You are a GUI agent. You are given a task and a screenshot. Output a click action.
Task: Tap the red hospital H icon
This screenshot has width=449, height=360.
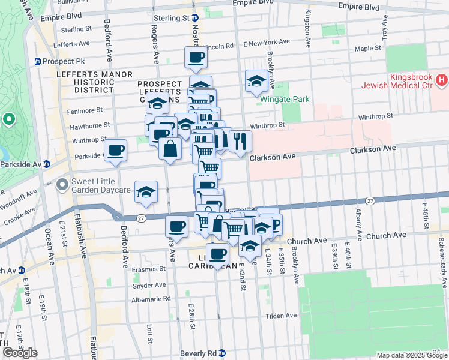point(442,79)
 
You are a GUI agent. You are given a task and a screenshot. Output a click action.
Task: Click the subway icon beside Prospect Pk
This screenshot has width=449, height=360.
point(38,61)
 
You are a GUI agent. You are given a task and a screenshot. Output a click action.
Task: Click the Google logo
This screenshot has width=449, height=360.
point(20,353)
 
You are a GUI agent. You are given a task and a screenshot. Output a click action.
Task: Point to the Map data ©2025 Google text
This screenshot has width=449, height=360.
point(412,355)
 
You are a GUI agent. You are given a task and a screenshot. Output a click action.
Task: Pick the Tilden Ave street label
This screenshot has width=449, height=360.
point(282,316)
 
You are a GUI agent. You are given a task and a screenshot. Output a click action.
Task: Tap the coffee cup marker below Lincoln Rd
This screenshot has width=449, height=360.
point(196,58)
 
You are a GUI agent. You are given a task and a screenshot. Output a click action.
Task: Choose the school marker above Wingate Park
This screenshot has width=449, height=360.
point(256,82)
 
